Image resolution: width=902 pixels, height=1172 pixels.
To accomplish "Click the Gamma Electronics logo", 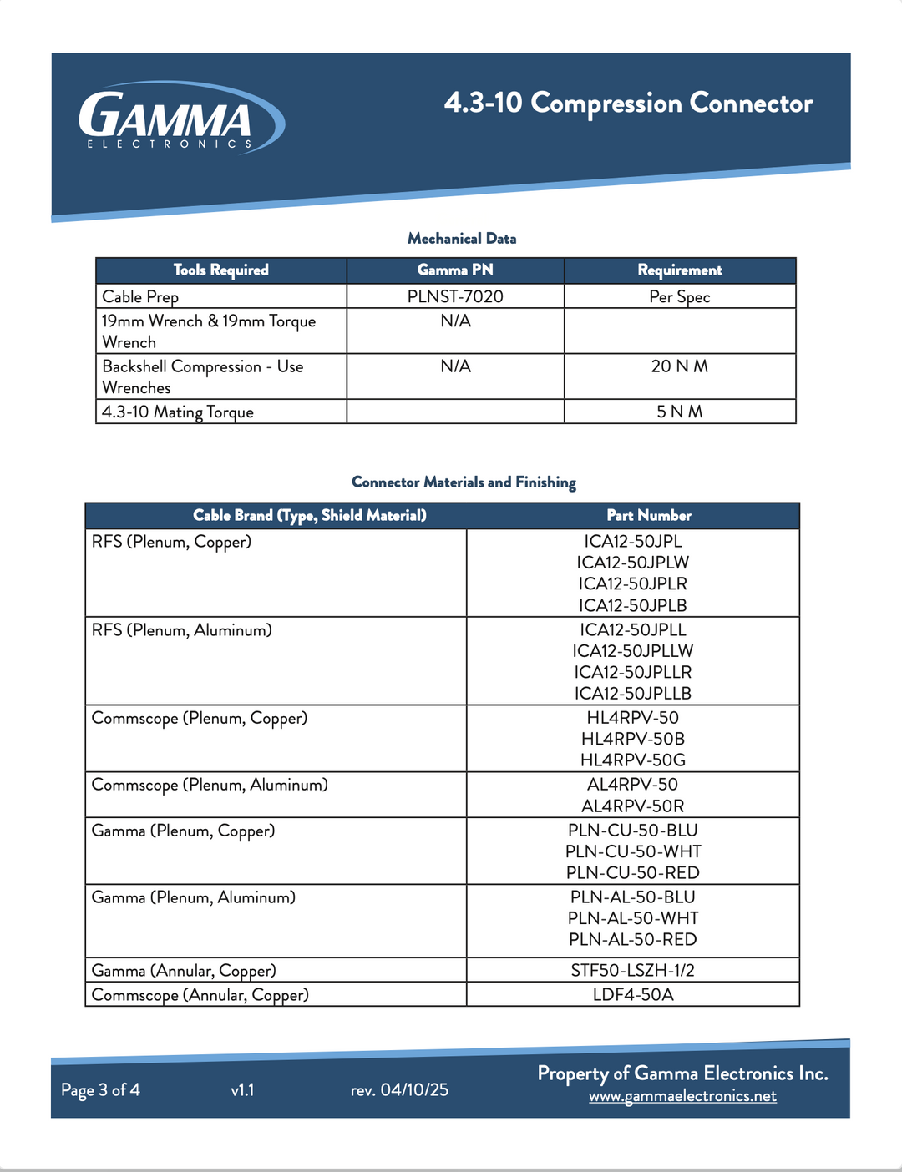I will (180, 119).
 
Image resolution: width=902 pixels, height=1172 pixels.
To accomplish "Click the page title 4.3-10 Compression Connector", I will (628, 104).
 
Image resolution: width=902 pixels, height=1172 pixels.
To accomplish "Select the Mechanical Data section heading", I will (462, 239).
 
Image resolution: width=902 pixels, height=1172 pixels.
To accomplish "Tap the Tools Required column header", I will (221, 270).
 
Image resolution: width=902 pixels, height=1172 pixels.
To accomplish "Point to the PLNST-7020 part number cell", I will (455, 297).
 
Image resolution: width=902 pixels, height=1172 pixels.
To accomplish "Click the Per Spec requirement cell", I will (680, 297).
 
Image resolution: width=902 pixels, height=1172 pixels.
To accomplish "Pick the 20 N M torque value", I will (680, 366).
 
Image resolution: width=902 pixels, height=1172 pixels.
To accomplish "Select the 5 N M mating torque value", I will (680, 412).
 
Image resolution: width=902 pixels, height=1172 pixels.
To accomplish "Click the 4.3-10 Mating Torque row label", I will (178, 412).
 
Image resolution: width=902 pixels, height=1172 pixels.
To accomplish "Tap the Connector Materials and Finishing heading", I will (464, 482).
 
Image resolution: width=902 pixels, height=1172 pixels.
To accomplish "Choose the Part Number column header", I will (649, 516).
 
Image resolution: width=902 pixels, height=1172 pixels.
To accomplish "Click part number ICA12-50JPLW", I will (633, 563).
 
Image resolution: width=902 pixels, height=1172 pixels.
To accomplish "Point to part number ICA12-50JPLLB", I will (633, 694).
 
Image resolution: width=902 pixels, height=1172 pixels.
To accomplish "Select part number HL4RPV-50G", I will (633, 760).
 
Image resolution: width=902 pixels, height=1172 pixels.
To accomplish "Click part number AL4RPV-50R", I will (633, 806).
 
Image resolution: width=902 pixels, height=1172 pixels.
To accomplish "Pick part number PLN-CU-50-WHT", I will (633, 851).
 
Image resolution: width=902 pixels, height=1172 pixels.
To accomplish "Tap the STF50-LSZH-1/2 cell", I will (633, 971).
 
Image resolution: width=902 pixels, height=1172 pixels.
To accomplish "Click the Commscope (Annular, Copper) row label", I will (200, 995).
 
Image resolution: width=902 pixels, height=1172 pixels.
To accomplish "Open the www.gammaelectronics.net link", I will (682, 1096).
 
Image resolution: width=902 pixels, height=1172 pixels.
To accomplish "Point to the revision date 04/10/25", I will (414, 1090).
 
